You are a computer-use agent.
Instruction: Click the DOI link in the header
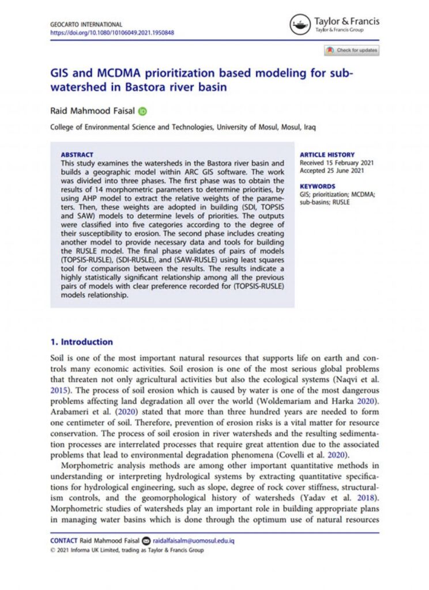[112, 32]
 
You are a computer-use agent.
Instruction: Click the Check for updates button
[351, 51]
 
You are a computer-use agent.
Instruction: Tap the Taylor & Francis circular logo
[300, 24]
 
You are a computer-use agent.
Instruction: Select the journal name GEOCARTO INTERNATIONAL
[86, 25]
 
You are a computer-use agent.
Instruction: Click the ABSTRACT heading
[77, 155]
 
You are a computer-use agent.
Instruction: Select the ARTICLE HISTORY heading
[326, 155]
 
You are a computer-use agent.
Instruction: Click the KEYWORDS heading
[317, 187]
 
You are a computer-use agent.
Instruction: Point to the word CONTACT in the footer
[64, 541]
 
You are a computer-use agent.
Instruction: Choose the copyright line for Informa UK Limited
[127, 550]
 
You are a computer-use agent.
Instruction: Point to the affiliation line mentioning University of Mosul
[183, 127]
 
